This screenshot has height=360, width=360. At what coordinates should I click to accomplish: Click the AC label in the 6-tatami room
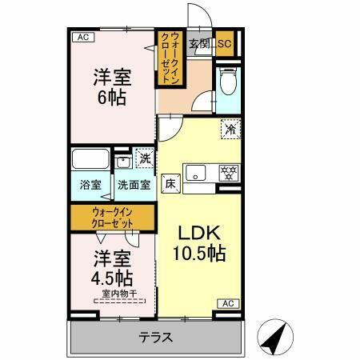[x=82, y=37]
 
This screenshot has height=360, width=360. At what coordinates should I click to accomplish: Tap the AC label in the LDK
[x=228, y=302]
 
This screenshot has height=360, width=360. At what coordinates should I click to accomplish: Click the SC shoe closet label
[x=223, y=45]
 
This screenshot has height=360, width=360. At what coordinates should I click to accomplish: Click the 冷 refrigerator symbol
[x=230, y=128]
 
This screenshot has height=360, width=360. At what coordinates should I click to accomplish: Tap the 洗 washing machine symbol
[x=145, y=158]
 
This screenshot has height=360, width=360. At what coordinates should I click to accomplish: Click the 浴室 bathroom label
[x=90, y=185]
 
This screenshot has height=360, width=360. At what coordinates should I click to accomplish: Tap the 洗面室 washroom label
[x=134, y=185]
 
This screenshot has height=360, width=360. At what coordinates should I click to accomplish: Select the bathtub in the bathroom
[x=90, y=158]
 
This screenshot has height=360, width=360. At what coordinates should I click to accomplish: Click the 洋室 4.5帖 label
[x=111, y=269]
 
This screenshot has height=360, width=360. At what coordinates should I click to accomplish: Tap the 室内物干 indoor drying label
[x=119, y=294]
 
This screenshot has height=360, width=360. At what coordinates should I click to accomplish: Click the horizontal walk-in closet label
[x=117, y=216]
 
